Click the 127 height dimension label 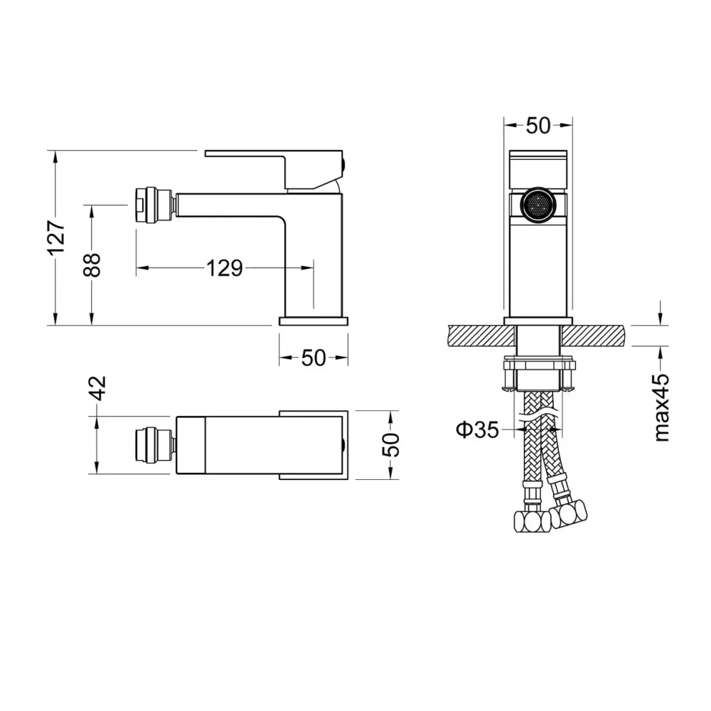57,238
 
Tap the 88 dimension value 92,264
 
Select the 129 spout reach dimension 225,268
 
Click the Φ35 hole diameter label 477,429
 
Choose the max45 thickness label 662,407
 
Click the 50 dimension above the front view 538,126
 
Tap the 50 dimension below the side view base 314,358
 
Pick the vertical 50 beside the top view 391,445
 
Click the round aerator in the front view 538,205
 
